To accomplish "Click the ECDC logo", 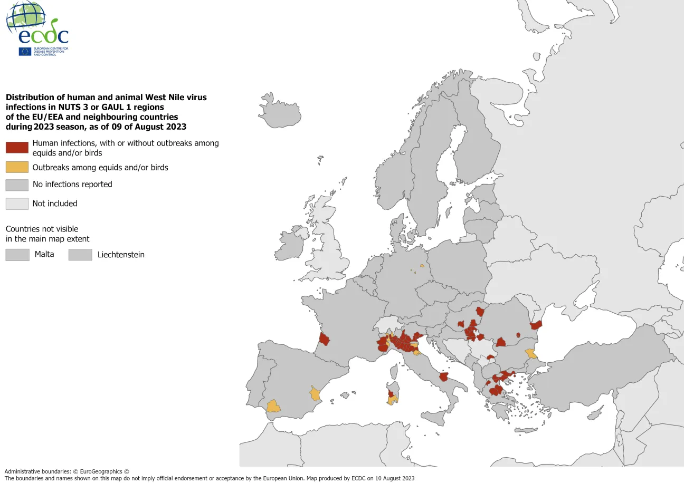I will tap(37, 29).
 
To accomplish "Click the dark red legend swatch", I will tap(17, 148).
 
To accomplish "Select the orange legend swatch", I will tap(17, 167).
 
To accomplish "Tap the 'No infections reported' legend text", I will tap(72, 184).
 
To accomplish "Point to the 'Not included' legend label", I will tap(55, 204).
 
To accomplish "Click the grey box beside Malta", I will tap(17, 255).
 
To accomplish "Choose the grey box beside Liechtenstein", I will tap(80, 255).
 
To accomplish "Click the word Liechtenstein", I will tap(121, 255).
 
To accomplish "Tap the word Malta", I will tap(44, 254).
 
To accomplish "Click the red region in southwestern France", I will tap(324, 339).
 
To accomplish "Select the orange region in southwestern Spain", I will tap(273, 407).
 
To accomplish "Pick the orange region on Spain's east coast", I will tap(315, 393).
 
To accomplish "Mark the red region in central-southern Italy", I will tap(444, 376).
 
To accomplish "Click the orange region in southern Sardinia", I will tap(392, 401).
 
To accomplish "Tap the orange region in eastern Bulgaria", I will tap(531, 353).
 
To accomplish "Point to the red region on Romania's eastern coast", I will tap(536, 325).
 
